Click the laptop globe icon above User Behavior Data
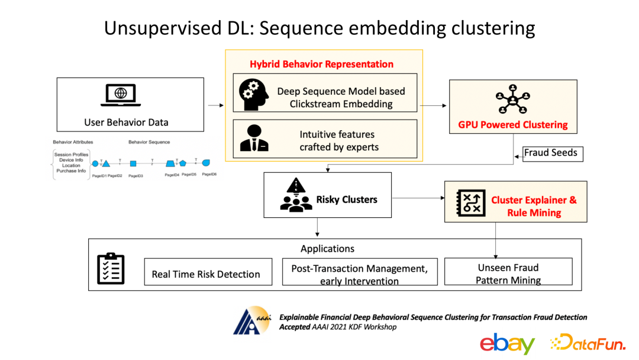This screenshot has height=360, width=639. [121, 95]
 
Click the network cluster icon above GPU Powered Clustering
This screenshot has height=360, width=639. [512, 101]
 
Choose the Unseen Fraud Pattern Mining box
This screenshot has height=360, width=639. [508, 272]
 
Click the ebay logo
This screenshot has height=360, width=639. [506, 343]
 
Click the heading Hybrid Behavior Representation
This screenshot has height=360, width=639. [321, 64]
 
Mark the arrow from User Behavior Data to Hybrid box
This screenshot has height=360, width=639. [216, 105]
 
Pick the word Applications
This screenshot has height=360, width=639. [327, 249]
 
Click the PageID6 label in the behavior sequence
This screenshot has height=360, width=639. [209, 174]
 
